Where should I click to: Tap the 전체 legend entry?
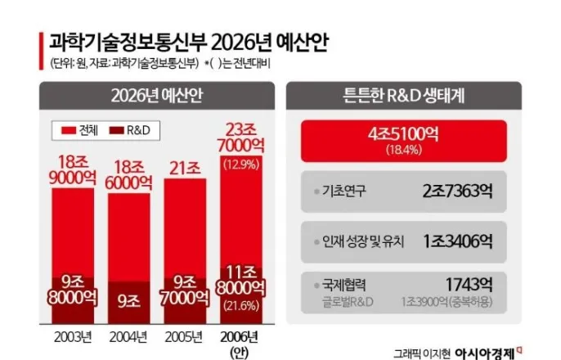pos(80,130)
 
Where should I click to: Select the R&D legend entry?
pos(137,130)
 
